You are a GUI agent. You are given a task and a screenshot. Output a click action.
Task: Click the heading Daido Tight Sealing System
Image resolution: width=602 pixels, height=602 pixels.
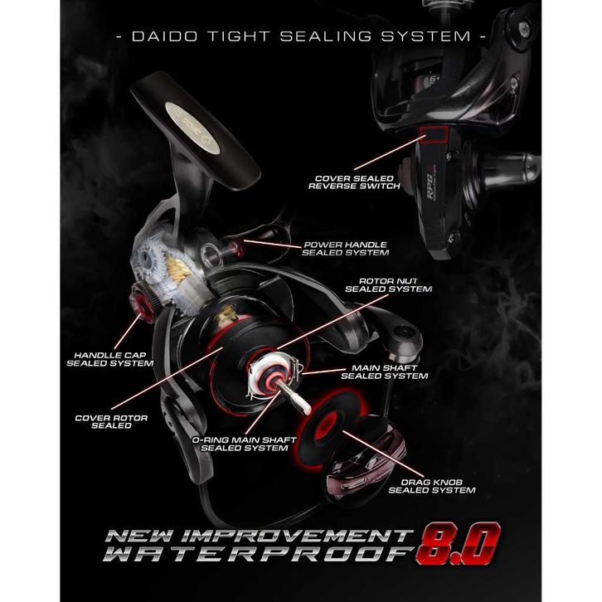click(301, 36)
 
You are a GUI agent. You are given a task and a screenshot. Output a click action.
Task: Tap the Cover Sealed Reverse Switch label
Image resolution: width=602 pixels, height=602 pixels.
click(354, 181)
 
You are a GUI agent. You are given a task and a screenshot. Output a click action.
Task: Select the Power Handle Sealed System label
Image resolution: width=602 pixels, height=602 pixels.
click(346, 248)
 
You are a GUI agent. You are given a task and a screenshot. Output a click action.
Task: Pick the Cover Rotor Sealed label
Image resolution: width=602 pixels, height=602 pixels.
click(111, 421)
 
